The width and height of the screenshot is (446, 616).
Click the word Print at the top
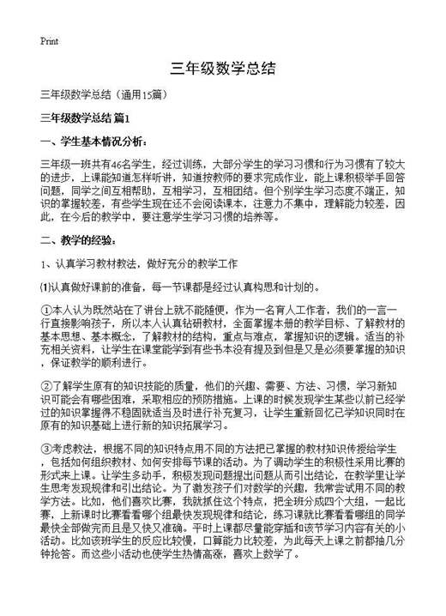click(49, 40)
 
